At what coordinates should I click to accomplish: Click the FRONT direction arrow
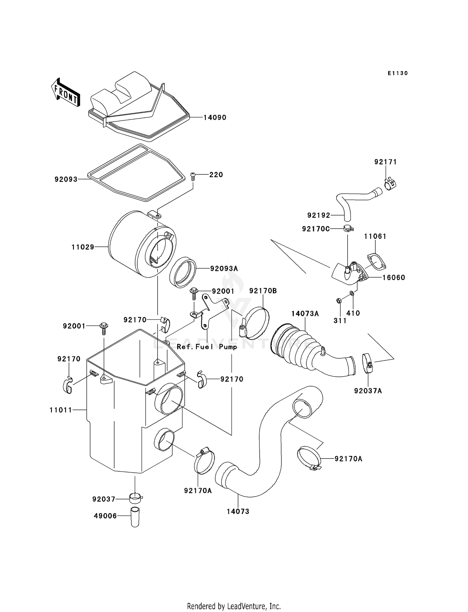[65, 93]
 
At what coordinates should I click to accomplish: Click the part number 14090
[215, 118]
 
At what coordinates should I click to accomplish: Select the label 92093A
[224, 269]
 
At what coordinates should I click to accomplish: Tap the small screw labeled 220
[193, 177]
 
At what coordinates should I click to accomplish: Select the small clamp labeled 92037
[135, 498]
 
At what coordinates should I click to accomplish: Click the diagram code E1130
[397, 73]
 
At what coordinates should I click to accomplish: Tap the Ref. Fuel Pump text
[207, 347]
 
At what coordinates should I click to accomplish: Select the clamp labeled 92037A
[368, 363]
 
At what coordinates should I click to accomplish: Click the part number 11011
[61, 410]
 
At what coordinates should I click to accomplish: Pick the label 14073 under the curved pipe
[238, 512]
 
